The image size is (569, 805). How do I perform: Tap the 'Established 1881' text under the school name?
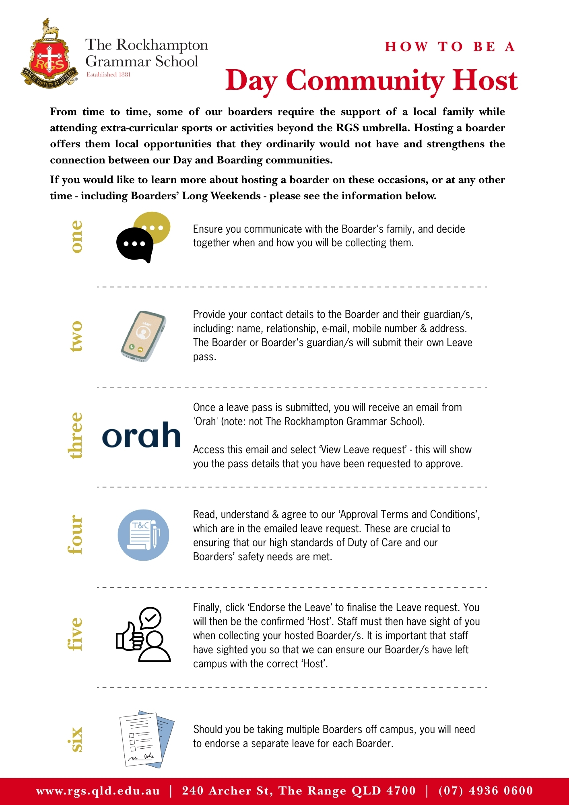coord(108,74)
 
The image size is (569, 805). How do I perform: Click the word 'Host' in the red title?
coord(484,80)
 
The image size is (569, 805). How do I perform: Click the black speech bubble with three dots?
coord(134,244)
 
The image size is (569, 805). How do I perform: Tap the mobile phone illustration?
coord(143,336)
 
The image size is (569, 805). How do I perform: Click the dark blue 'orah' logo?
coord(141,435)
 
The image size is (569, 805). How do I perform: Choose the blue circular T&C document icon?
coord(143,535)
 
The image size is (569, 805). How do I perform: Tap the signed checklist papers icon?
coord(146,739)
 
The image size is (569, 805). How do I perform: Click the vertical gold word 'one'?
coord(76,237)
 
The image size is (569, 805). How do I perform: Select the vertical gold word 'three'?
coord(76,436)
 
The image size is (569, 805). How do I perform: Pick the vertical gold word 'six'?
coord(76,739)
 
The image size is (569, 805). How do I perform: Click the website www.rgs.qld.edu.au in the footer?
coord(98,791)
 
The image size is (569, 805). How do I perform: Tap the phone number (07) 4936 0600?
coord(485,791)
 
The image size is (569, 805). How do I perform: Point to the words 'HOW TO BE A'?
coord(450,47)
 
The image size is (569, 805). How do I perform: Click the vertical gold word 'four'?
coord(76,535)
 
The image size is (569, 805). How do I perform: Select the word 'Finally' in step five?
coord(207,607)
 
